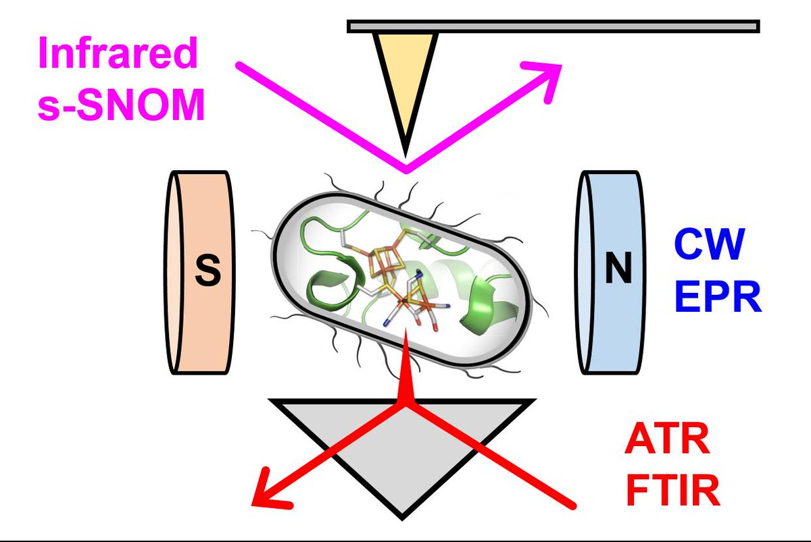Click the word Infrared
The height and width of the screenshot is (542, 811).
pyautogui.click(x=117, y=55)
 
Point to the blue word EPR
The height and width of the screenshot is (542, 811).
pyautogui.click(x=718, y=297)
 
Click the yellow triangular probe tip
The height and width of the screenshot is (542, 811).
pyautogui.click(x=404, y=74)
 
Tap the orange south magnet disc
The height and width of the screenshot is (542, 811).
pyautogui.click(x=200, y=271)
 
